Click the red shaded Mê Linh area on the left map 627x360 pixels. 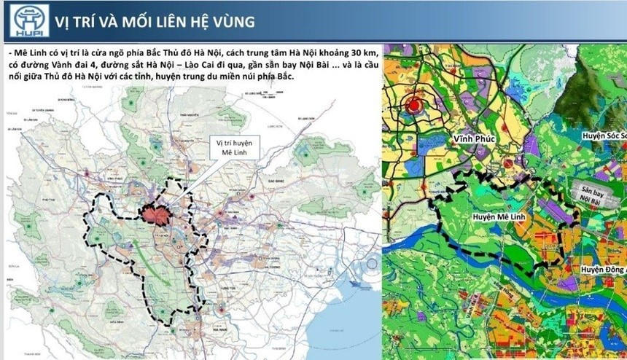156,214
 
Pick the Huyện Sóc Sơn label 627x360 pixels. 604,136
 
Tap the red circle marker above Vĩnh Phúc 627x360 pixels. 415,106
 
